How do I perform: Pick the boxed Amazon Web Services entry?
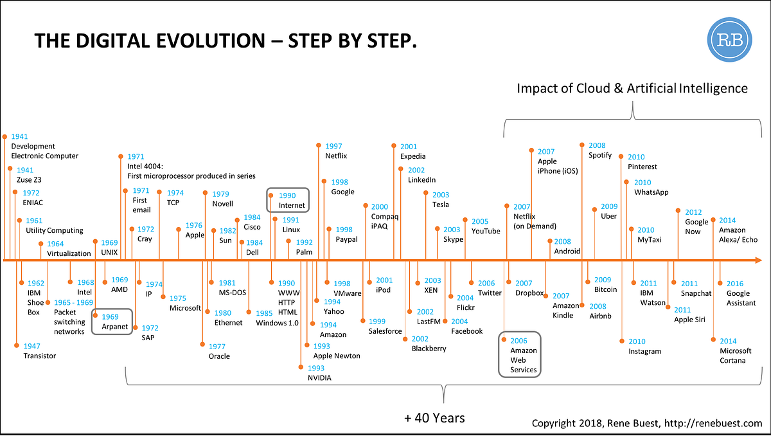click(520, 354)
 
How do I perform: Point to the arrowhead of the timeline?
click(758, 260)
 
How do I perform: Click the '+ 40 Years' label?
click(434, 418)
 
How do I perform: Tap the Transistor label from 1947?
click(39, 356)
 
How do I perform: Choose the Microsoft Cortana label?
click(735, 356)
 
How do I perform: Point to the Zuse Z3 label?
click(29, 180)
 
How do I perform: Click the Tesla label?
click(440, 204)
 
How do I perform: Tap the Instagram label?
click(644, 351)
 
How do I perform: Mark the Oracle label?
click(219, 356)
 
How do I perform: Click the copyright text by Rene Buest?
click(647, 423)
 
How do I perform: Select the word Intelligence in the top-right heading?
click(713, 88)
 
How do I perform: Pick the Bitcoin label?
click(605, 289)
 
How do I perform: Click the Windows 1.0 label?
click(277, 323)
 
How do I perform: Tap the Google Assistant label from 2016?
click(741, 298)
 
